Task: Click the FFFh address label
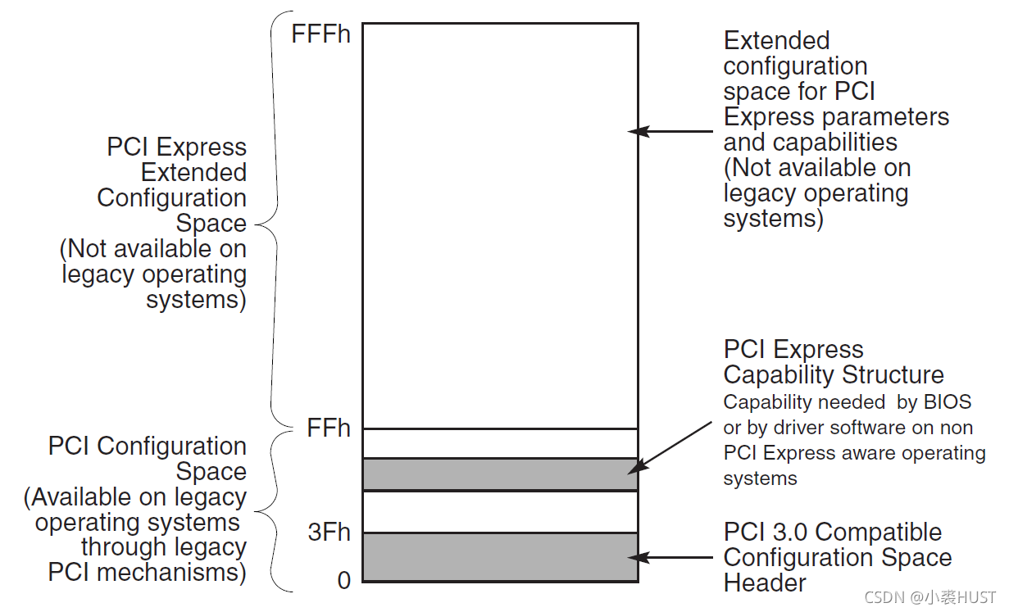[x=320, y=34]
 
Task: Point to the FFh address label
[x=329, y=428]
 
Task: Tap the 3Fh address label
[x=329, y=533]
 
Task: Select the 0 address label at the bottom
[x=344, y=580]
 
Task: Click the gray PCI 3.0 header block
[x=500, y=557]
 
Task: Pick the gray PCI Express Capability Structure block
[x=500, y=474]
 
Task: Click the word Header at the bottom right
[x=765, y=583]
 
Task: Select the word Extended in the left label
[x=193, y=173]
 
